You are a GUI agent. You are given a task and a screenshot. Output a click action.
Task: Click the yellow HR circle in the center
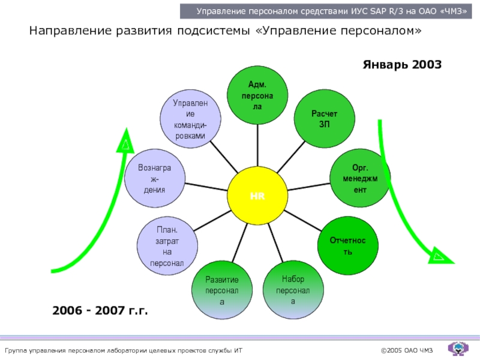click(x=257, y=196)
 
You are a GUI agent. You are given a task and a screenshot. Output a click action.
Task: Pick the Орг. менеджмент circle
click(x=360, y=178)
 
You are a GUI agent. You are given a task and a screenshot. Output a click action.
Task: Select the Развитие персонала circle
click(x=222, y=290)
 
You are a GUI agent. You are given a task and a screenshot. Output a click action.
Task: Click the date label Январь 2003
click(x=402, y=64)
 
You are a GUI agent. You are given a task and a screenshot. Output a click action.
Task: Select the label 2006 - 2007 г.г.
click(x=100, y=311)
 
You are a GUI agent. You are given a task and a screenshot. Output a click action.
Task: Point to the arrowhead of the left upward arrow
click(x=125, y=143)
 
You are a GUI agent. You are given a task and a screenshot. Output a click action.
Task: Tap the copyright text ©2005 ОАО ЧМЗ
click(x=406, y=350)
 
